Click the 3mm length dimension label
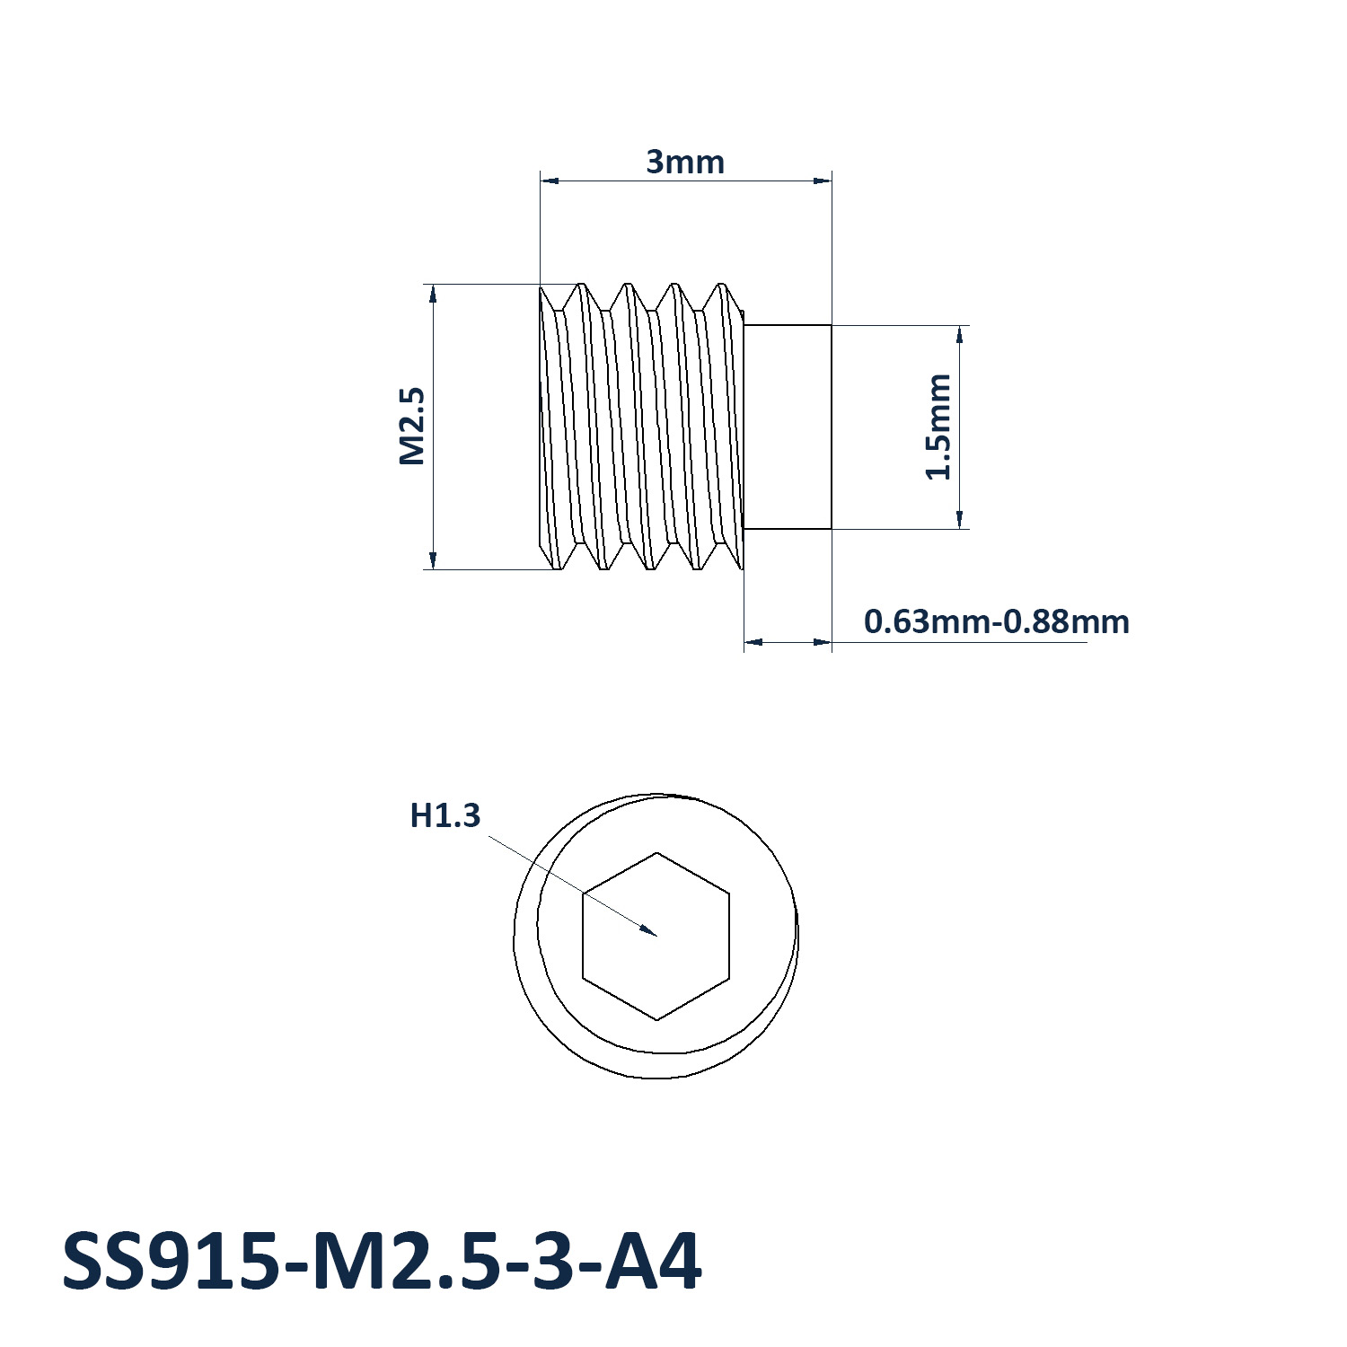tap(685, 163)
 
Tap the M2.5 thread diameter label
tap(411, 426)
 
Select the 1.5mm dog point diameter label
tap(938, 427)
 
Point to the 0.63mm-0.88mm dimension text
tap(997, 621)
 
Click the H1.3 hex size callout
tap(445, 815)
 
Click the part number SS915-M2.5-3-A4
tap(382, 1262)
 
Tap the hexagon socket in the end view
tap(656, 936)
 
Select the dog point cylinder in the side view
tap(788, 427)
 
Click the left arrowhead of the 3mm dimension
tap(550, 180)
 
